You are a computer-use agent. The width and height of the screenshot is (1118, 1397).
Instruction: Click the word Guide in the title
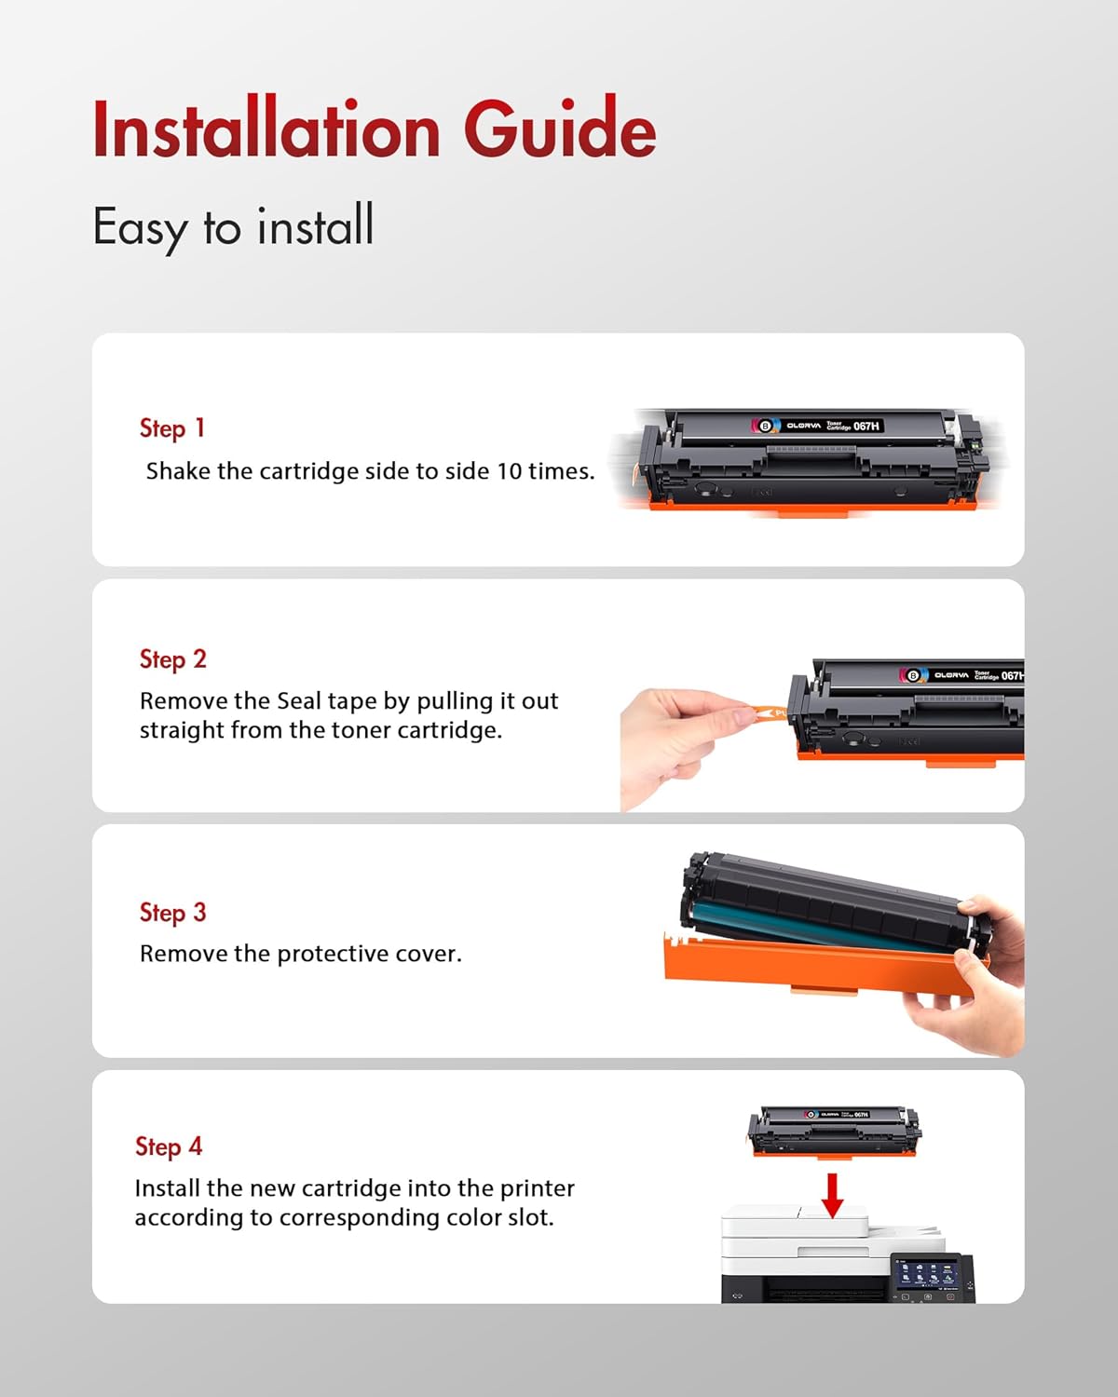(560, 129)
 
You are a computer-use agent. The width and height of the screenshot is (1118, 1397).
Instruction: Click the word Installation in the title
(266, 129)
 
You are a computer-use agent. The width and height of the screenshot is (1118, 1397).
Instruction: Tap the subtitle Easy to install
(233, 226)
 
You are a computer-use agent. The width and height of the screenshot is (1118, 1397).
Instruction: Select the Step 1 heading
(171, 428)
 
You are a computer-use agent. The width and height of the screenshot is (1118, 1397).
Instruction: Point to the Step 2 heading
(172, 659)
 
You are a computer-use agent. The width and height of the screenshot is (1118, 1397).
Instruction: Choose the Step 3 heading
(172, 913)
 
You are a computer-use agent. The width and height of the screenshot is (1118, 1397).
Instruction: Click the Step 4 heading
(168, 1146)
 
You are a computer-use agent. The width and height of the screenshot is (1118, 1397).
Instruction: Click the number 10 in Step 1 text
(509, 471)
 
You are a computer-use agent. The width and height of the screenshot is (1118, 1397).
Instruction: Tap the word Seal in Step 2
(298, 701)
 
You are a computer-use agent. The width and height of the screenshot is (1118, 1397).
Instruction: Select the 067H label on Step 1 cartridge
(866, 426)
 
